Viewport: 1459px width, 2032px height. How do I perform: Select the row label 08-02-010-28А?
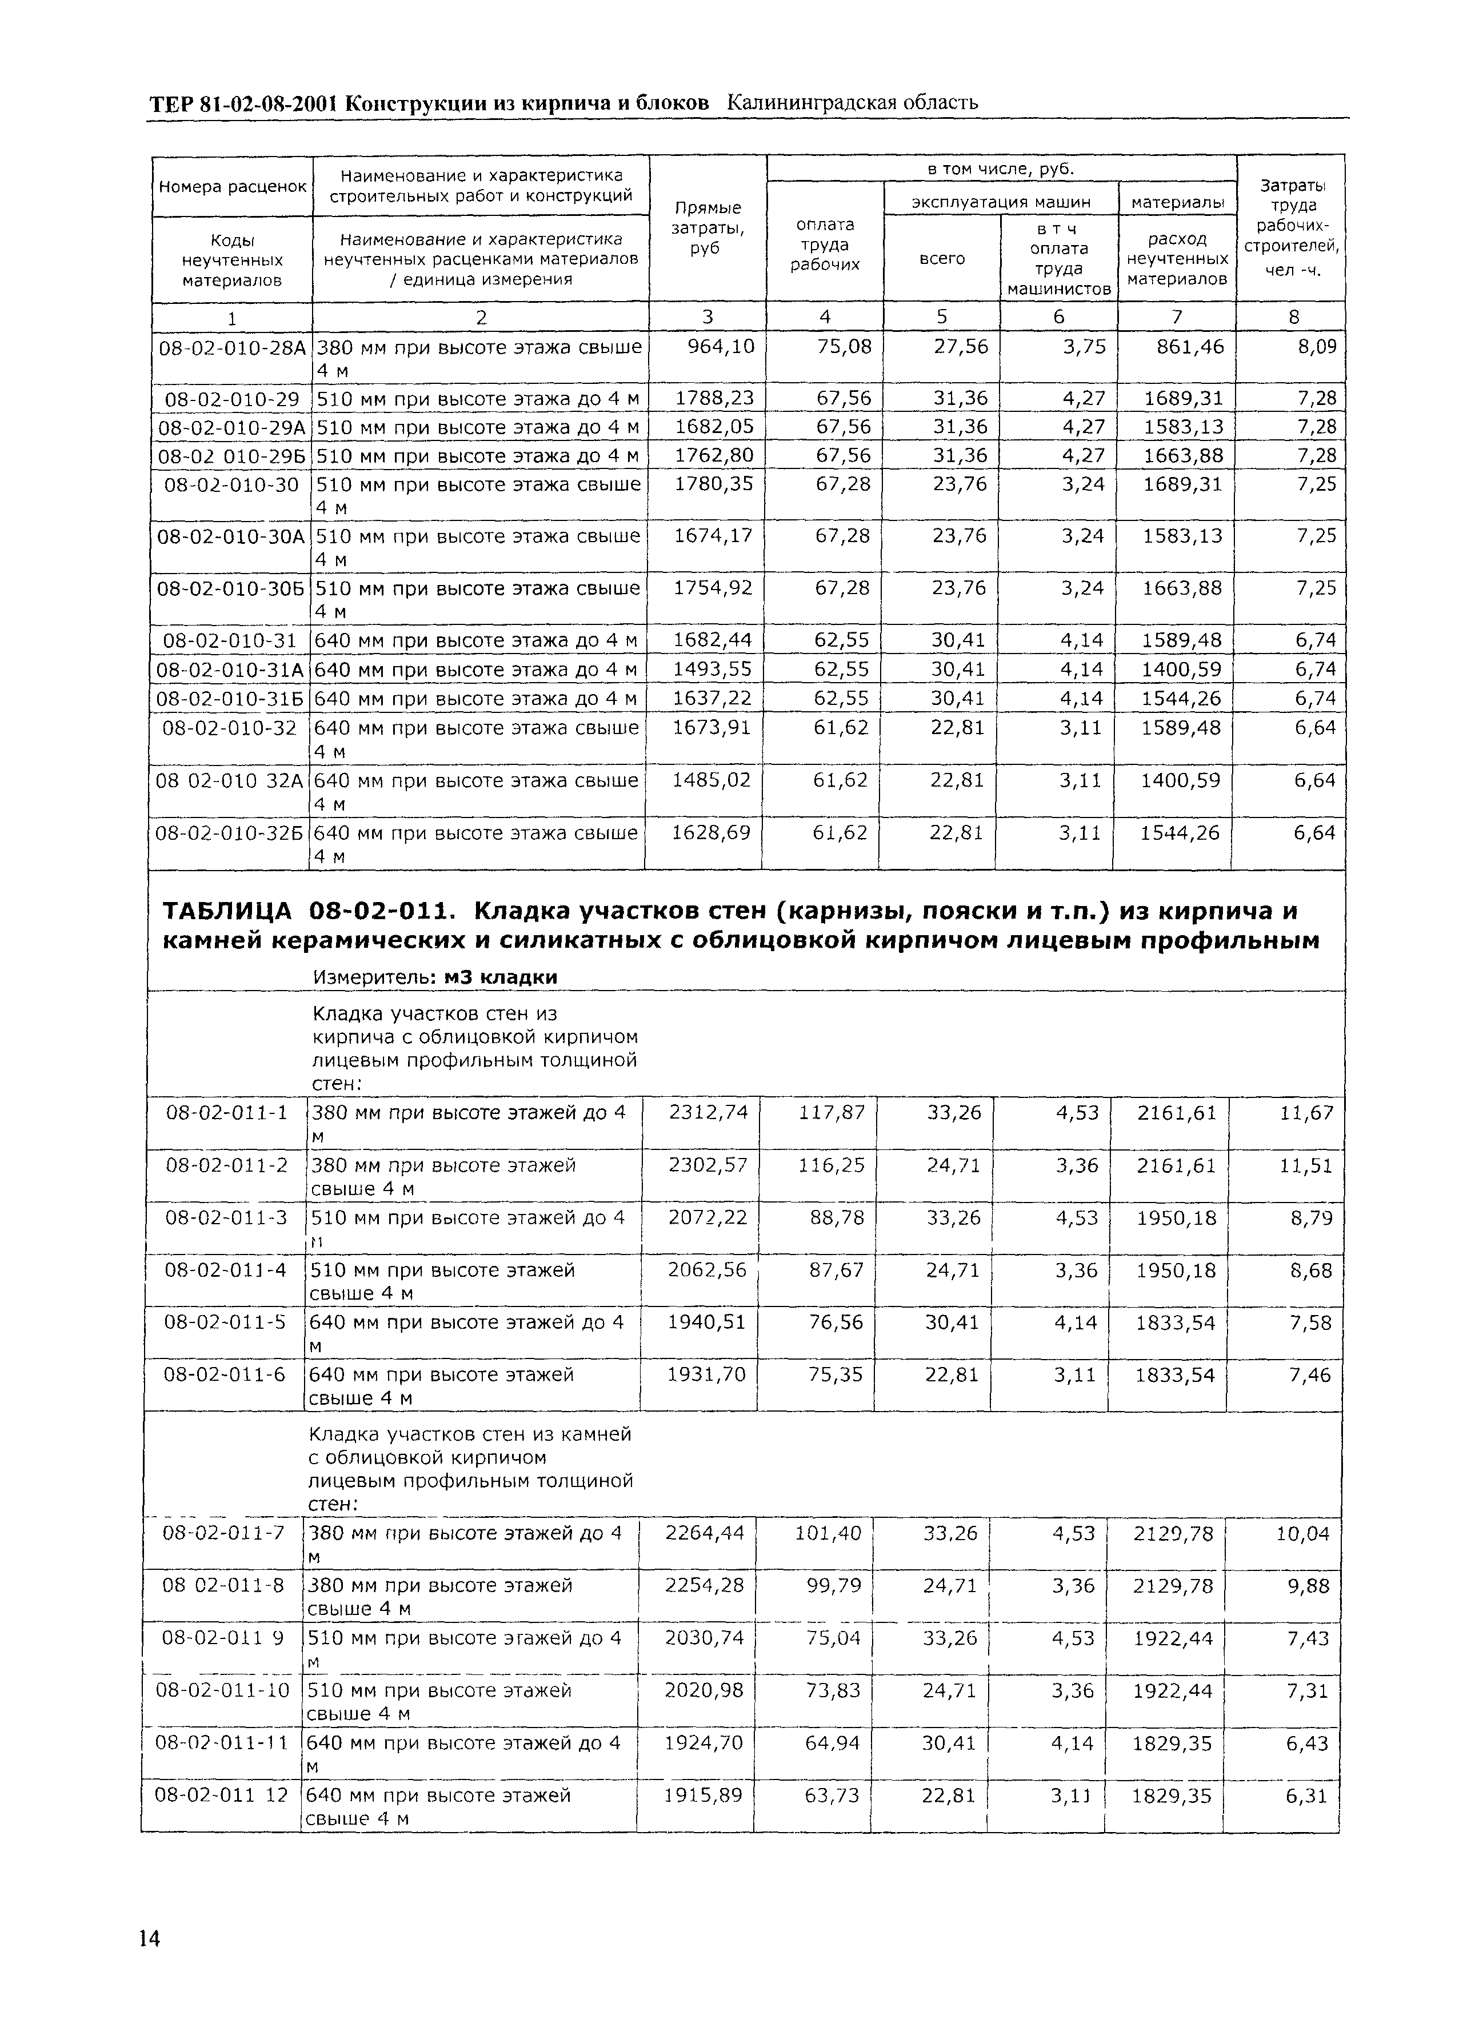click(x=232, y=347)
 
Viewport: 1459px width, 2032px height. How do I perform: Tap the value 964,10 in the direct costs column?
click(x=719, y=346)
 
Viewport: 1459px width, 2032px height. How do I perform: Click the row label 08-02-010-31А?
click(x=231, y=670)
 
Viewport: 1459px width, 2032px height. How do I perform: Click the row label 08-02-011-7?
click(x=222, y=1533)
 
